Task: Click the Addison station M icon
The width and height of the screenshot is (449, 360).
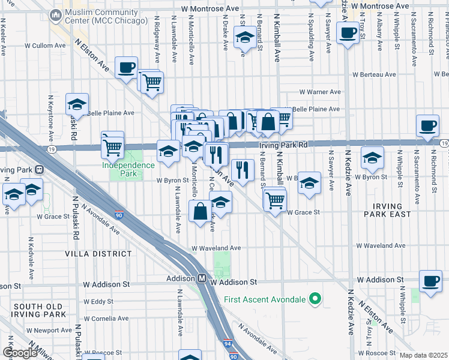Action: [x=203, y=279]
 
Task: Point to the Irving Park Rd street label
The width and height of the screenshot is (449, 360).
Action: [x=283, y=145]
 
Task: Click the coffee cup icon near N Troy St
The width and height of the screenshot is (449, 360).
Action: [x=347, y=33]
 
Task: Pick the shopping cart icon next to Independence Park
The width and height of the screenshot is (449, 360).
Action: [x=112, y=145]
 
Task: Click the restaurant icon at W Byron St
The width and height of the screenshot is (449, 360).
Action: [x=242, y=169]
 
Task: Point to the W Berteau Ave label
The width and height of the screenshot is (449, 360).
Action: [x=374, y=74]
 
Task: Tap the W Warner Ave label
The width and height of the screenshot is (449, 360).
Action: [x=320, y=92]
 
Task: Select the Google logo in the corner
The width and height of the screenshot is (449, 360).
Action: [x=20, y=353]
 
